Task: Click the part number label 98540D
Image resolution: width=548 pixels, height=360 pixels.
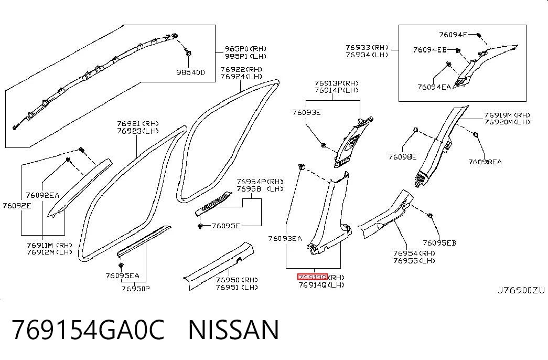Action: point(190,72)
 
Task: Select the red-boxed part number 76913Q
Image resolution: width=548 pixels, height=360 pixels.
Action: point(313,277)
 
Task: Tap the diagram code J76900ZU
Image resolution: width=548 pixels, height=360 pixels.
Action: point(521,290)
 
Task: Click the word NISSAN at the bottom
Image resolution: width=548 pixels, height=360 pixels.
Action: point(233,330)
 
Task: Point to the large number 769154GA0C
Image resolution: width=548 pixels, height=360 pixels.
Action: point(88,330)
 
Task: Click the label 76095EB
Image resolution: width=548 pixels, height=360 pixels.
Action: point(439,243)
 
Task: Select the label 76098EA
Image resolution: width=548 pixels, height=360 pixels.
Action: point(485,162)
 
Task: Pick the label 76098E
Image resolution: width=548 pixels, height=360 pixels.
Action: point(402,157)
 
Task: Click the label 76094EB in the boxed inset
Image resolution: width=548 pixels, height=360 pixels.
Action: point(430,50)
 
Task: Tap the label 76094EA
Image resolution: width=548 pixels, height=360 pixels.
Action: point(434,87)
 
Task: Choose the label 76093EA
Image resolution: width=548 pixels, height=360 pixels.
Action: point(285,239)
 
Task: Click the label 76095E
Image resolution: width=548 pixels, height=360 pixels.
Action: point(226,226)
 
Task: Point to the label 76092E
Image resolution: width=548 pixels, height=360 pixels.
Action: point(17,206)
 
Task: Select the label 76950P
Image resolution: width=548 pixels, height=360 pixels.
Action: point(136,289)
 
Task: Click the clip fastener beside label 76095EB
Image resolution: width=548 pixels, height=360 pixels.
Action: point(430,215)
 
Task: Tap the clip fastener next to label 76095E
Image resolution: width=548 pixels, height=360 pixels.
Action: point(200,226)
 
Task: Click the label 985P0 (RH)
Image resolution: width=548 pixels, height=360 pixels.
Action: point(245,49)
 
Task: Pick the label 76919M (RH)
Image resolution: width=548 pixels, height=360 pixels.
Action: point(507,115)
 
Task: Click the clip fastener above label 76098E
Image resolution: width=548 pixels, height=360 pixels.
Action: point(415,130)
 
